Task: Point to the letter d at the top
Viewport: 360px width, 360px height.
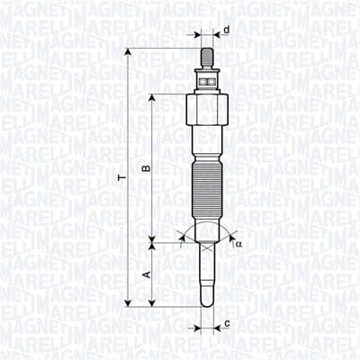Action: pos(226,31)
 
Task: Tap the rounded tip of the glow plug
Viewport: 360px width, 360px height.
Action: pos(206,301)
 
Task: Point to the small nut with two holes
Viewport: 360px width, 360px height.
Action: pos(206,80)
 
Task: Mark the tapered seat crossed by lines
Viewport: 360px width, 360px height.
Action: pos(206,231)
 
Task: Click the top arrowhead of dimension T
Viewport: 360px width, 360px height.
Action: pos(128,51)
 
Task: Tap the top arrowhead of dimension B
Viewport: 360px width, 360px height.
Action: pos(153,95)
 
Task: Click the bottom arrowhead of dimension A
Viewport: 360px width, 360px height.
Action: pos(153,303)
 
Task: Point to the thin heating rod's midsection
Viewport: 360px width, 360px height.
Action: pos(206,270)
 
